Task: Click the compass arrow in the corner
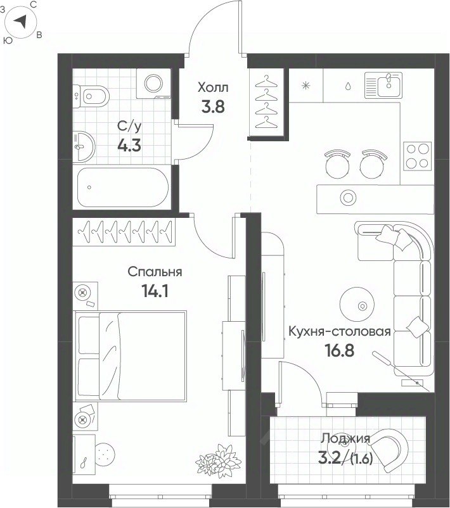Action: click(x=21, y=22)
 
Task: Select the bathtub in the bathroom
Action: click(x=123, y=187)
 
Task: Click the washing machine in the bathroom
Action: click(x=153, y=84)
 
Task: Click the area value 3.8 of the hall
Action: click(x=213, y=106)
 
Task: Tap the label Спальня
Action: click(x=155, y=272)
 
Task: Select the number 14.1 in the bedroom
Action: click(x=155, y=291)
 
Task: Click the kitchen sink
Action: click(x=383, y=84)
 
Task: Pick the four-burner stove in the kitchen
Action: click(x=417, y=156)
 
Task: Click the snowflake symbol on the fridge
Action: click(x=305, y=86)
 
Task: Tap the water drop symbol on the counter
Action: click(x=348, y=86)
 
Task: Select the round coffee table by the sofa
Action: click(x=357, y=304)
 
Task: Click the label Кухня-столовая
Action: click(x=340, y=331)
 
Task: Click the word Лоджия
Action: click(x=345, y=438)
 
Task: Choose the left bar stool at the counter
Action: click(x=337, y=164)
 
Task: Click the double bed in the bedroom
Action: click(x=131, y=356)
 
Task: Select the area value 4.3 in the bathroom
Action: click(x=129, y=146)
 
